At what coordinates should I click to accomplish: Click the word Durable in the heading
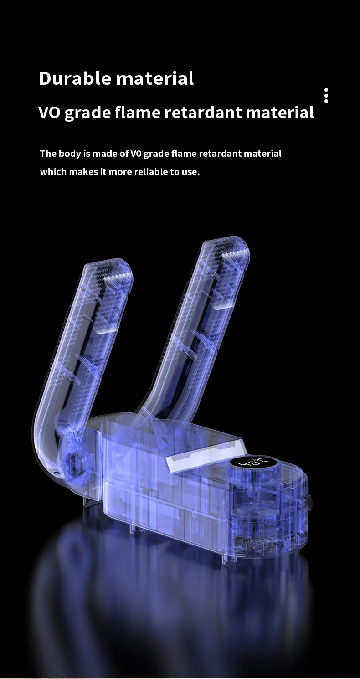click(x=75, y=78)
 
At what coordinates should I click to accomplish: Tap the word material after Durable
click(x=155, y=78)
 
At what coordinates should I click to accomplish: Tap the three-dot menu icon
click(x=326, y=96)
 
